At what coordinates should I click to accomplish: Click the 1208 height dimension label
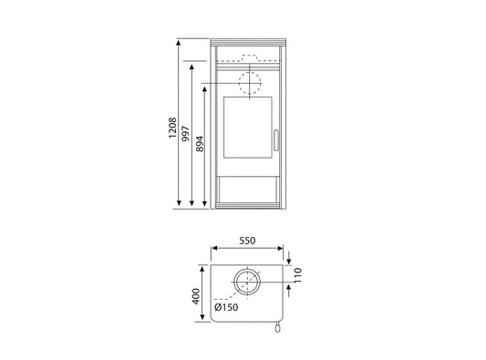tap(172, 128)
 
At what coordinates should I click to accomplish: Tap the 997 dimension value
tap(185, 134)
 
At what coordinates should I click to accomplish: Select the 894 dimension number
tap(200, 144)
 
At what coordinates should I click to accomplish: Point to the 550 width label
tap(247, 241)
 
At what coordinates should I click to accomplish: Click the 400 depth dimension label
tap(196, 296)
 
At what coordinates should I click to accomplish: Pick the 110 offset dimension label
tap(297, 275)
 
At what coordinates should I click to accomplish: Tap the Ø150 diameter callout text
tap(226, 307)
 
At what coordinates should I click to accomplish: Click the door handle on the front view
tap(276, 140)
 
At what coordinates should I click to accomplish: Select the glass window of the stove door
tap(248, 128)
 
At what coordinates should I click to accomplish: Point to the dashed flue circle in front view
tap(250, 72)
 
